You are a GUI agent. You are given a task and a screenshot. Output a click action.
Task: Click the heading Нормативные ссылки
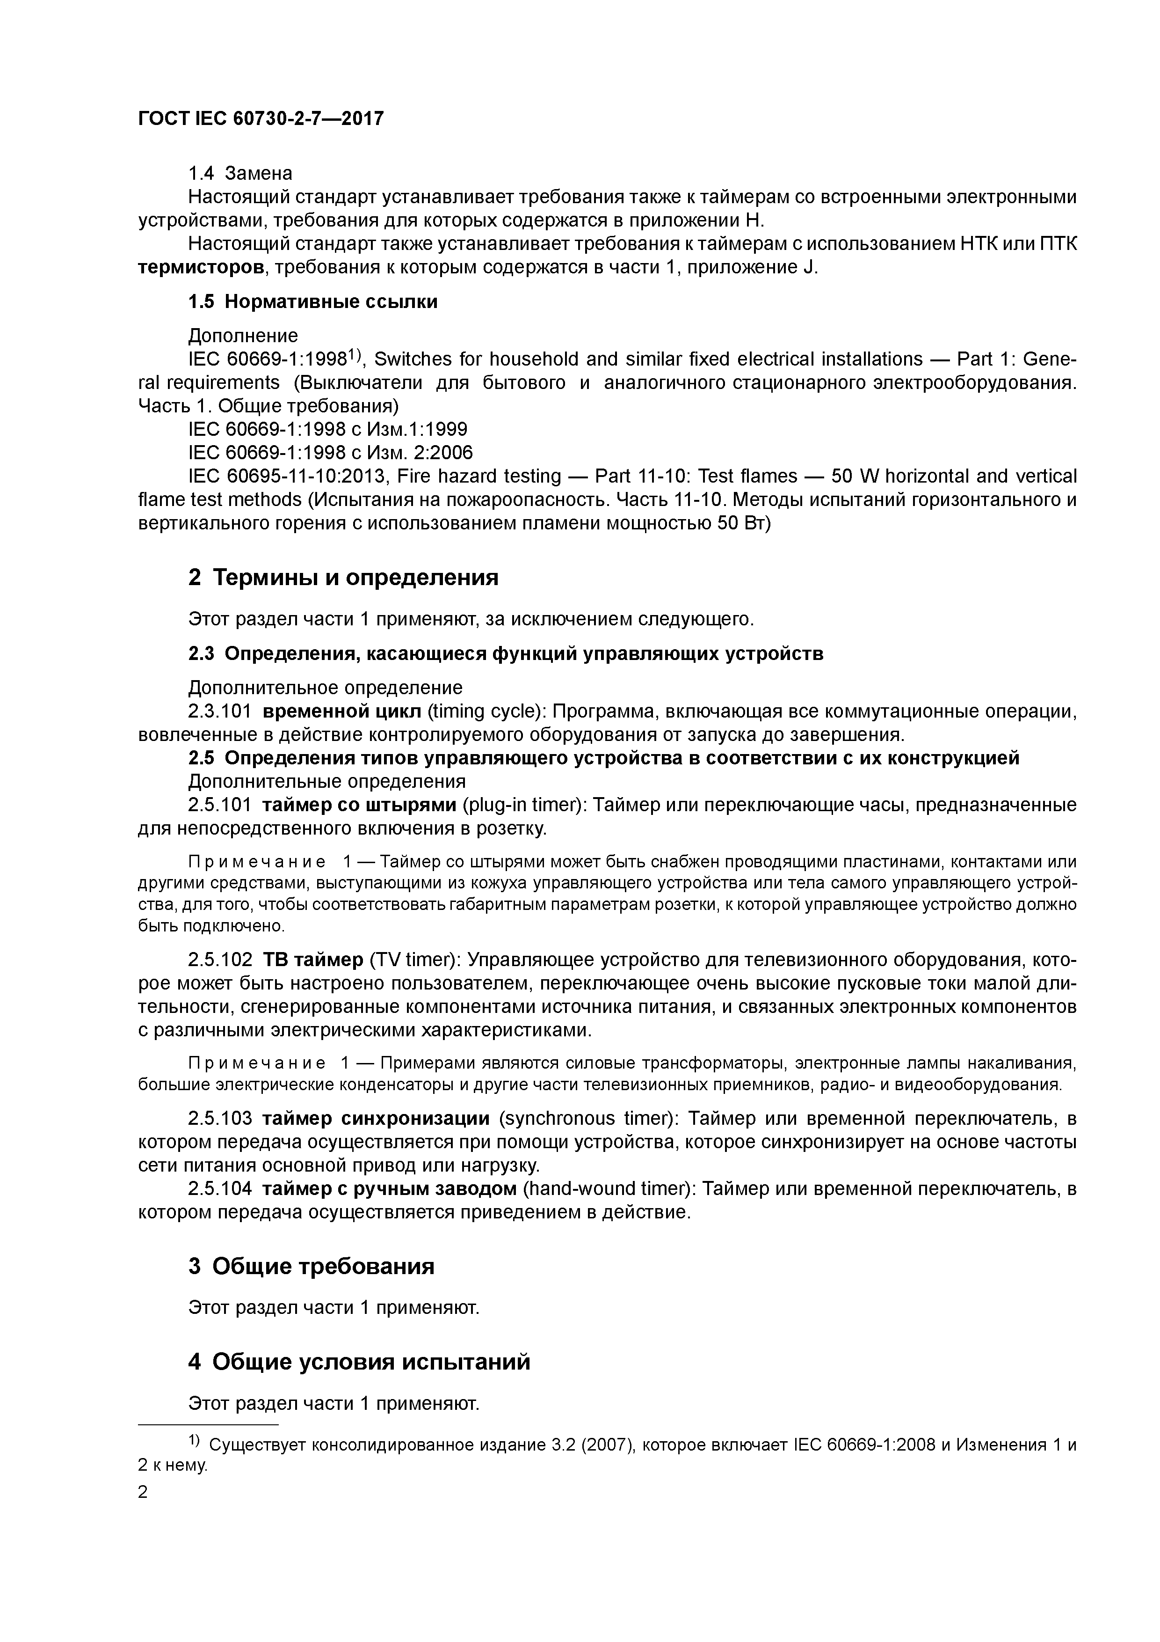click(330, 302)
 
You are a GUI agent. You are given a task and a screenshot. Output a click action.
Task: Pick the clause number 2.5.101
click(219, 805)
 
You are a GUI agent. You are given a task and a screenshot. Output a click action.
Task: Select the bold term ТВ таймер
click(313, 960)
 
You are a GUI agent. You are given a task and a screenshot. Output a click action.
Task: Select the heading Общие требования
click(323, 1267)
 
